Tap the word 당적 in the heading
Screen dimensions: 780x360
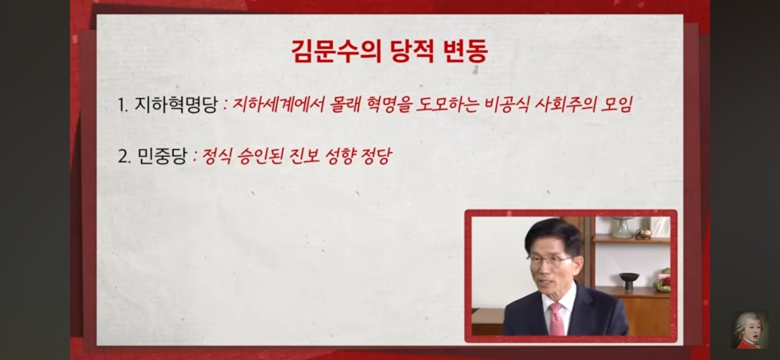(412, 51)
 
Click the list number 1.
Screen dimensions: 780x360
(123, 105)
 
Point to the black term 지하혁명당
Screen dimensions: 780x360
(176, 105)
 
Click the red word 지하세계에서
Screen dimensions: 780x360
(278, 104)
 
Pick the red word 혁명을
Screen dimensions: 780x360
(389, 104)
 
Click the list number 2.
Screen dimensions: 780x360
(124, 156)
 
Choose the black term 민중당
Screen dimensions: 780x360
(162, 156)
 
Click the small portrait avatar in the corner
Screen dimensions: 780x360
(750, 330)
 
